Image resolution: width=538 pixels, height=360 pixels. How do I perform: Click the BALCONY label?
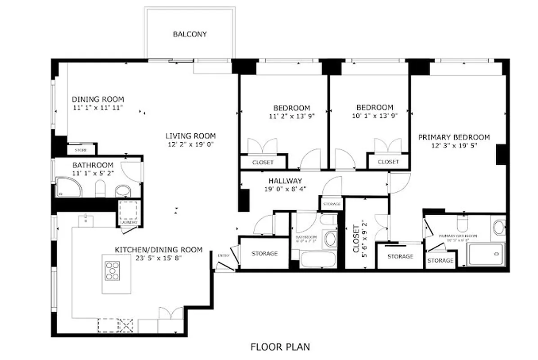point(190,34)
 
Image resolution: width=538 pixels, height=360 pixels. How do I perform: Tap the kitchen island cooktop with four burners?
point(112,270)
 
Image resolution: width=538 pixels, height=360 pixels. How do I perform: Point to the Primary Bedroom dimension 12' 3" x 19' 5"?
point(454,146)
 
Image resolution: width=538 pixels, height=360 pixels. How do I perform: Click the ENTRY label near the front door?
point(223,256)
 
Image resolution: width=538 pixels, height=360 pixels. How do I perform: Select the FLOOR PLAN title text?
point(280,346)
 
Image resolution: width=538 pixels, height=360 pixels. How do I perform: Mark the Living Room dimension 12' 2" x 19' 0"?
point(190,144)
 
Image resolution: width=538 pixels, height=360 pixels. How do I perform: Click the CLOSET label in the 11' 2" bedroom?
point(263,162)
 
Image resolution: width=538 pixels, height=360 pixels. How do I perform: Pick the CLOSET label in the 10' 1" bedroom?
point(388,162)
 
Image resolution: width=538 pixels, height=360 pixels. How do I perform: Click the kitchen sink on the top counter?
point(84,220)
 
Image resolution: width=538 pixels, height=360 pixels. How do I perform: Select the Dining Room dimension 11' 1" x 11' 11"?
point(98,108)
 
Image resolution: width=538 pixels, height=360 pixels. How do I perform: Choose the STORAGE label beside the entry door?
point(265,254)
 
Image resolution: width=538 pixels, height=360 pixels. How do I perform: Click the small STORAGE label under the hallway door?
point(332,204)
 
